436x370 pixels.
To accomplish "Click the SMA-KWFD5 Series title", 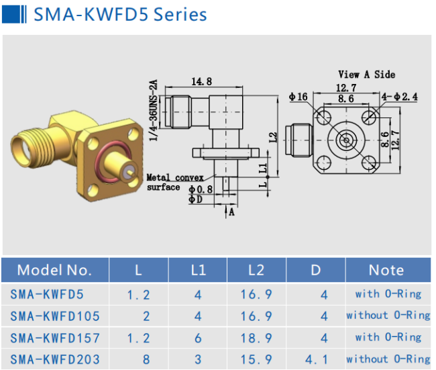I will click(x=120, y=14).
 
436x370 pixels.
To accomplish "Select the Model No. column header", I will click(x=54, y=270).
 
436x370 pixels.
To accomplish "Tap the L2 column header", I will click(x=256, y=270).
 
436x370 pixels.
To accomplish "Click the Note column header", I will click(x=386, y=270).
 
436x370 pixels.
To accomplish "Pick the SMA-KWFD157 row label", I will click(x=56, y=337).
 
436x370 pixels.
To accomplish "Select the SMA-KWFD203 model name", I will click(x=56, y=359).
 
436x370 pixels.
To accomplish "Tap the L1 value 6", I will click(x=198, y=337).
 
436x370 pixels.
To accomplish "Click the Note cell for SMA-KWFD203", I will click(x=388, y=359).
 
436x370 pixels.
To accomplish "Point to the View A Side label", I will click(x=366, y=75).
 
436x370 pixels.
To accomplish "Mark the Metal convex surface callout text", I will click(x=173, y=182).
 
